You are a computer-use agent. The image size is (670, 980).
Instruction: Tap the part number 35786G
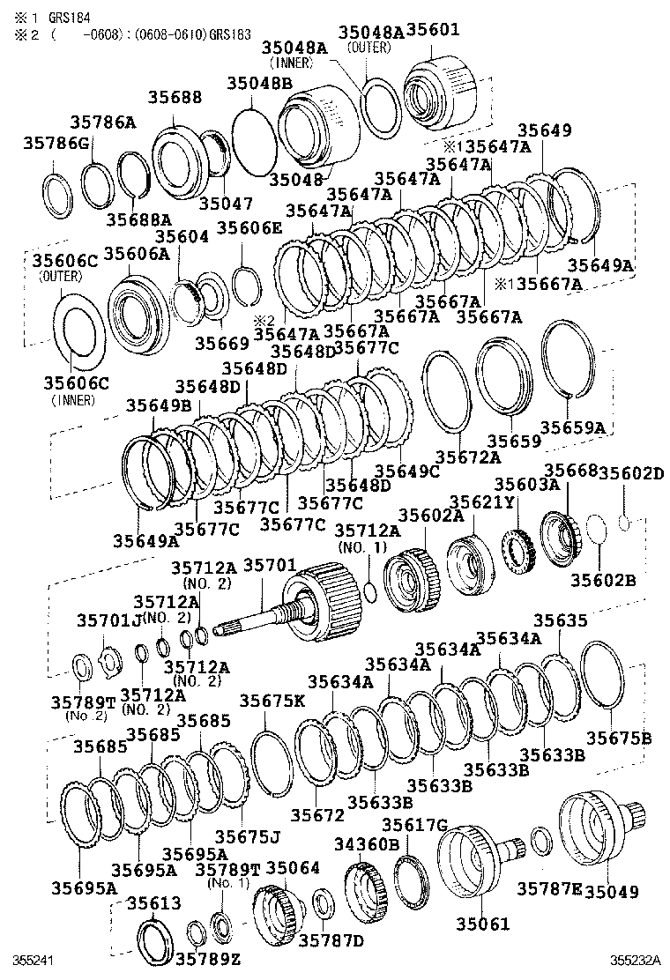click(x=57, y=143)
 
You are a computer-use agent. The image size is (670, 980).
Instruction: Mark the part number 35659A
click(x=573, y=427)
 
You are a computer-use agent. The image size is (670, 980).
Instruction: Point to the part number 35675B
click(x=620, y=737)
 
